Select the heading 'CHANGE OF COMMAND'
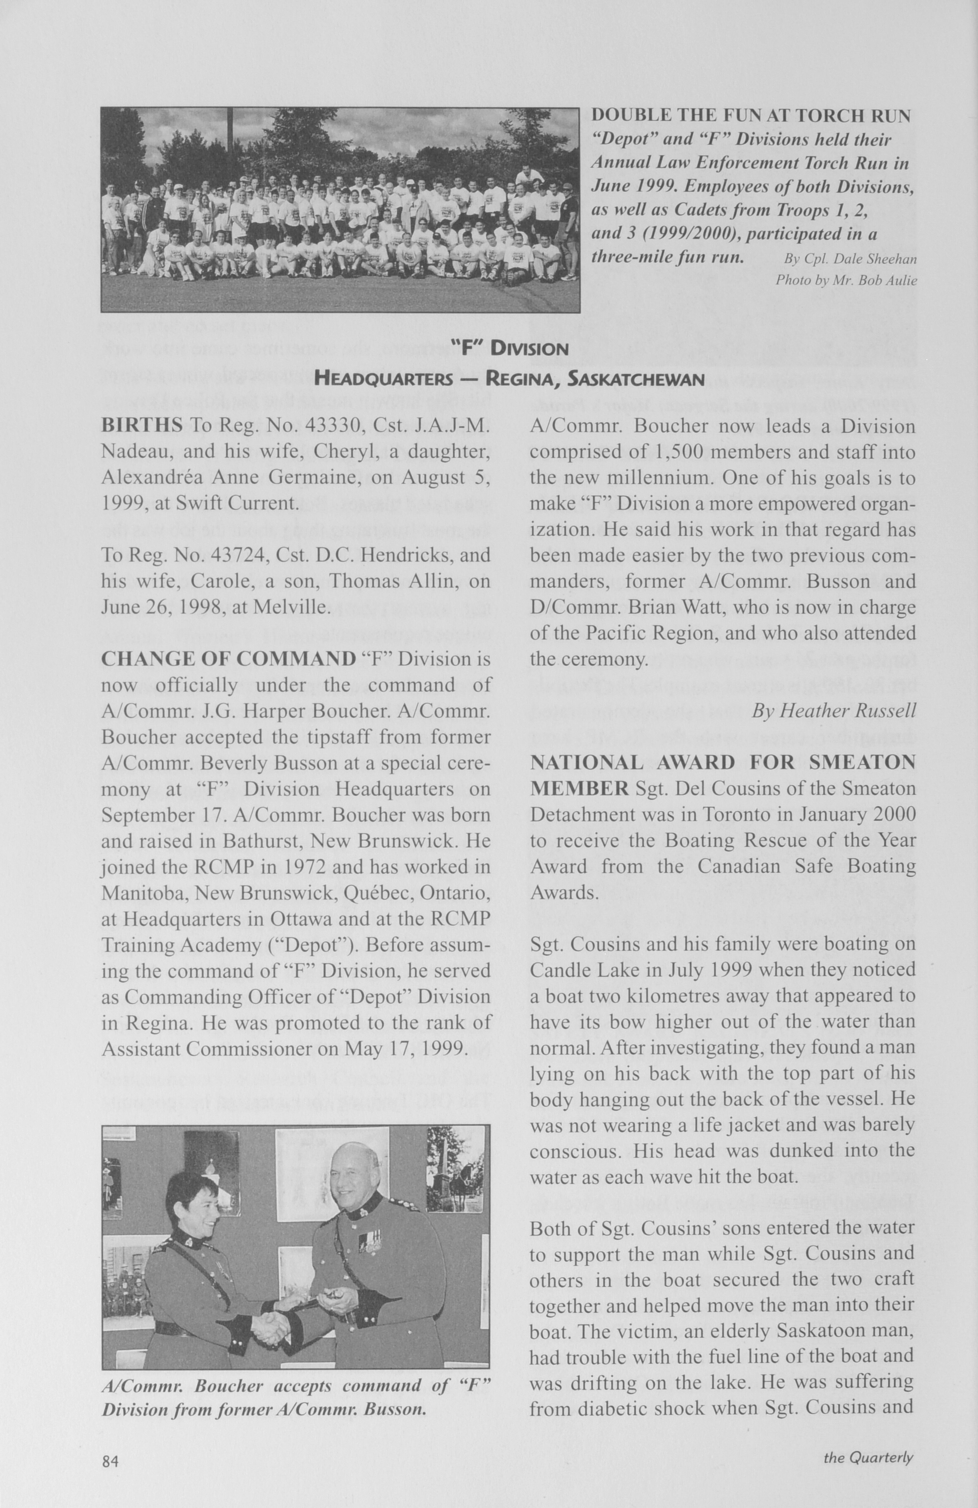[x=228, y=659]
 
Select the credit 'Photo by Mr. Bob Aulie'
[x=846, y=280]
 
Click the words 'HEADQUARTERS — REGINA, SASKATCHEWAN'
[x=510, y=380]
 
